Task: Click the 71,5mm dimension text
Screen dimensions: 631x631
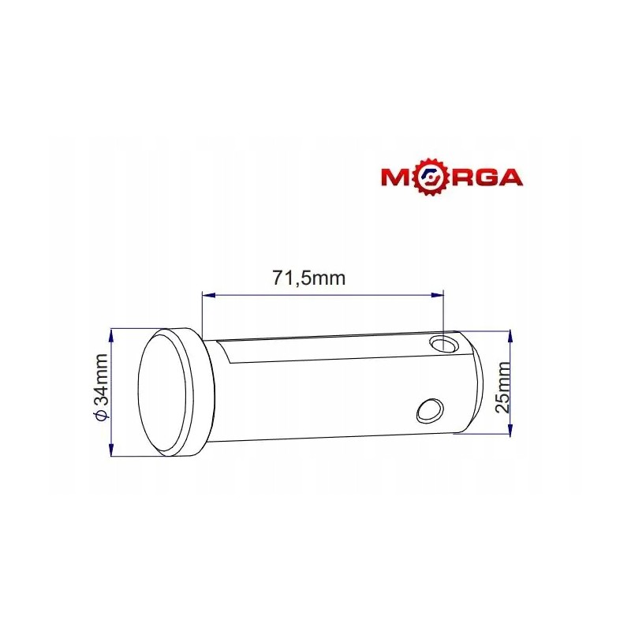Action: point(309,278)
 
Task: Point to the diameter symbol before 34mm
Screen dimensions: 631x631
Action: point(99,416)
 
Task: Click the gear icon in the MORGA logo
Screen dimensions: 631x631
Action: point(431,175)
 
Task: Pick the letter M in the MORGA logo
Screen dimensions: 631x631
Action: point(399,176)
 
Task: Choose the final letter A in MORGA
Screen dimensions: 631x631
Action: point(510,176)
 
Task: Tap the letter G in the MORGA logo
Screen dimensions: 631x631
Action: point(483,176)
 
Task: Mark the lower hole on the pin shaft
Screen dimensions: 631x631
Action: point(430,409)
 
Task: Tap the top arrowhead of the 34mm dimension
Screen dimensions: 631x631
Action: point(110,332)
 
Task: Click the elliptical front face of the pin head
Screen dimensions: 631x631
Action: point(165,392)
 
